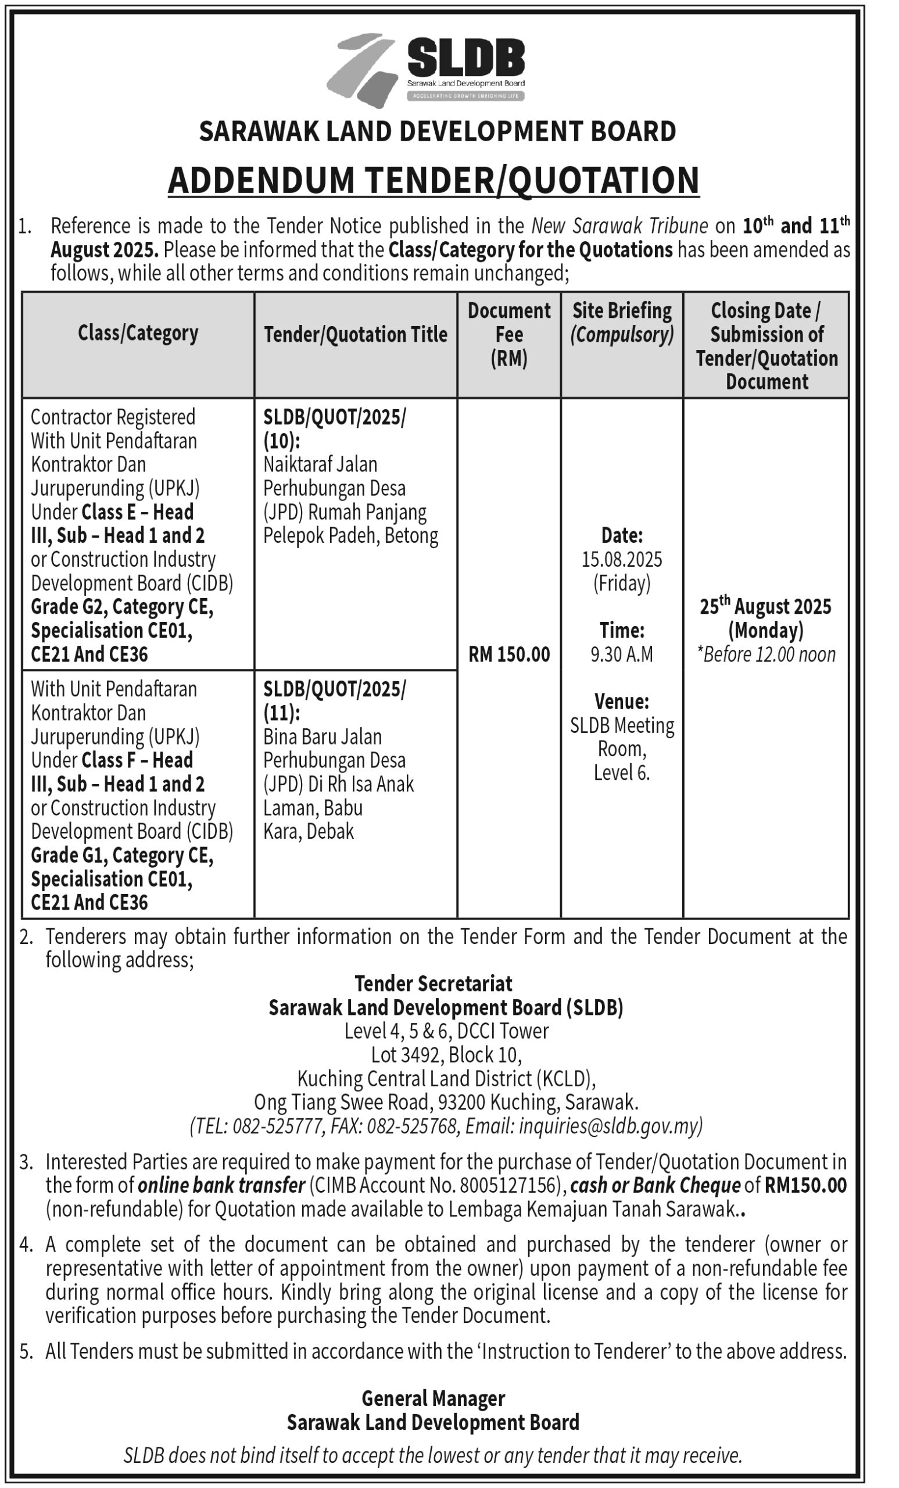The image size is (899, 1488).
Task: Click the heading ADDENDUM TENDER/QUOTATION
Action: [x=434, y=180]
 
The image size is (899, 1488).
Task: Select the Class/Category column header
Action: [x=138, y=334]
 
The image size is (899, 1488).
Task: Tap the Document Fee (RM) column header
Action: [x=508, y=334]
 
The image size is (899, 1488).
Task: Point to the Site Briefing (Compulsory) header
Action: [x=621, y=323]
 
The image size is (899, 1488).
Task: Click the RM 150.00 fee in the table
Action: [x=508, y=654]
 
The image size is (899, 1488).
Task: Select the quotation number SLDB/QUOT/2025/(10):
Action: [x=335, y=429]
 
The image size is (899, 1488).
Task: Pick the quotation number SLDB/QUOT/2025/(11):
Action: [x=335, y=700]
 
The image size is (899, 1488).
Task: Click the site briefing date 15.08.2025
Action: [x=621, y=559]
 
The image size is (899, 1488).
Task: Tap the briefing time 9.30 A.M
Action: [x=621, y=654]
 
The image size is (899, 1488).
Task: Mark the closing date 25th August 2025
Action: [x=765, y=606]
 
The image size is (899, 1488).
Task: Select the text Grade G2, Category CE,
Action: [x=122, y=606]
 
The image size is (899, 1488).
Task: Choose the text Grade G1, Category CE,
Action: [x=122, y=855]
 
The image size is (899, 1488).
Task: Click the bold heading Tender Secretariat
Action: [x=433, y=983]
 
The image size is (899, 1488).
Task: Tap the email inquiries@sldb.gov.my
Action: [x=610, y=1126]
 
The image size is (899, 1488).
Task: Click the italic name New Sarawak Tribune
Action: [x=619, y=226]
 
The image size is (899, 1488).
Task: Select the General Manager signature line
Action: [x=433, y=1398]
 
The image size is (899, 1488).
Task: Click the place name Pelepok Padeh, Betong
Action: [x=350, y=536]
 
